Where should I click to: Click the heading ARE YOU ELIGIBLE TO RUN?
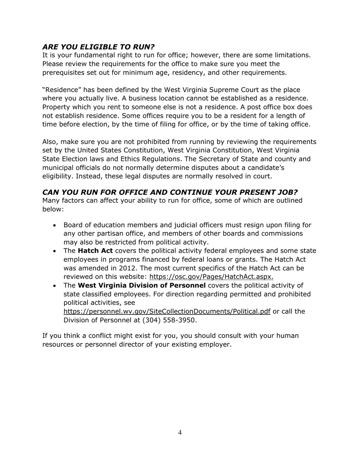pos(98,47)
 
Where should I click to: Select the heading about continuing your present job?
pos(170,192)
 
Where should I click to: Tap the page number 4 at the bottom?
pos(180,433)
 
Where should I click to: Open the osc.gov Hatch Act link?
pos(211,277)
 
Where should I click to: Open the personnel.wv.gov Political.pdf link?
pos(167,311)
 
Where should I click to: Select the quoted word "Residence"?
pos(61,90)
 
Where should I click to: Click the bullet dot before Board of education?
pos(55,225)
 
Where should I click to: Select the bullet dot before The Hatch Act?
pos(55,251)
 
